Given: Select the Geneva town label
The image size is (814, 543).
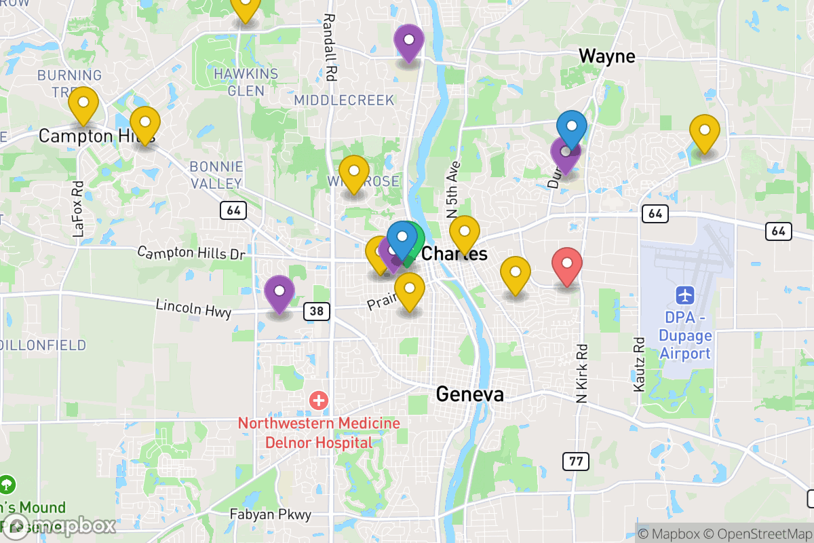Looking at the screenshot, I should point(469,394).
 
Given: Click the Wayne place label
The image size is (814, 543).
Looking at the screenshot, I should point(606,56).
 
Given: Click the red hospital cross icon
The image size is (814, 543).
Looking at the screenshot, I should point(318,400).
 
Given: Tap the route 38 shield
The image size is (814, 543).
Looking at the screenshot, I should point(317,312).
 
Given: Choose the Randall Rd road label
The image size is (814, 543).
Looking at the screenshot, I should point(330,48).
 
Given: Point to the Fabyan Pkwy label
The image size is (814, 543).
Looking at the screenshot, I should point(270,514).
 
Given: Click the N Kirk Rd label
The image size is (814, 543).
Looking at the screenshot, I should point(581,374).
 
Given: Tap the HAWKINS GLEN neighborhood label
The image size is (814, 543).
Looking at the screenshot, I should point(246,81).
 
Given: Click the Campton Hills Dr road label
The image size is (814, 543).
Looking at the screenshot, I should point(191,253).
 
